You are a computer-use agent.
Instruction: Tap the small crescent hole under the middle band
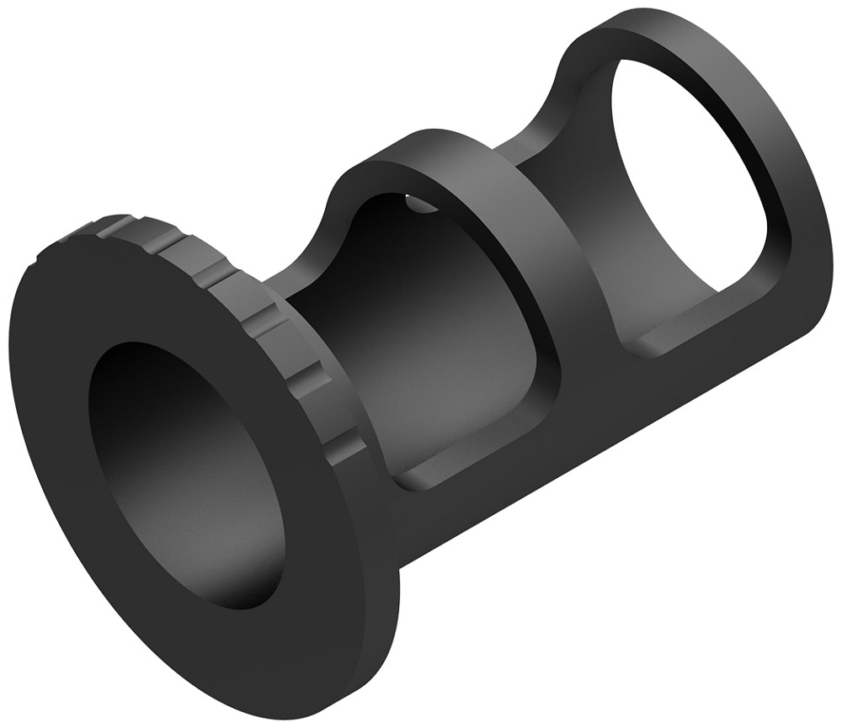(414, 202)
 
